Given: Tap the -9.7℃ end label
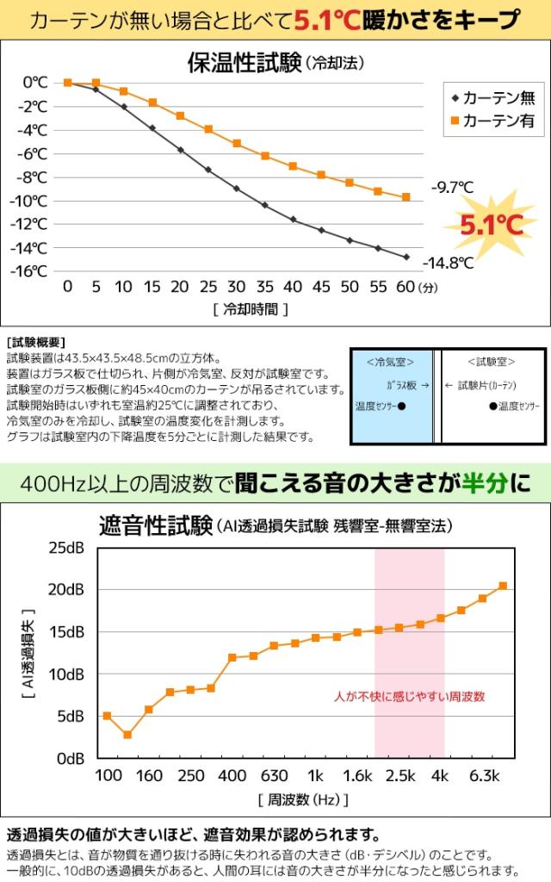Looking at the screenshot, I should click(x=453, y=187).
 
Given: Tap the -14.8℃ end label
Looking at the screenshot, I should click(x=449, y=263).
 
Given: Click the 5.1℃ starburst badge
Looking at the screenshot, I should click(x=492, y=225).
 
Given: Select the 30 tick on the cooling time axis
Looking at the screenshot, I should click(x=236, y=287).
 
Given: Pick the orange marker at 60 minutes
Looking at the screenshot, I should click(x=406, y=197).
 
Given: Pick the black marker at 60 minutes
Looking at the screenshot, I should click(x=406, y=257).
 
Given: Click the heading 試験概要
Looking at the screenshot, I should click(x=35, y=342).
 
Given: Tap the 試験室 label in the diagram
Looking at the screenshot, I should click(x=492, y=362).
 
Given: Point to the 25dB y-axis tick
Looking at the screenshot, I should click(x=65, y=549).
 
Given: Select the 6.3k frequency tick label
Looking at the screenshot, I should click(x=485, y=776).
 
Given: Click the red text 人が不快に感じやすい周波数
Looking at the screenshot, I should click(x=410, y=696).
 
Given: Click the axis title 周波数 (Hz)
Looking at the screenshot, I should click(x=302, y=800).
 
